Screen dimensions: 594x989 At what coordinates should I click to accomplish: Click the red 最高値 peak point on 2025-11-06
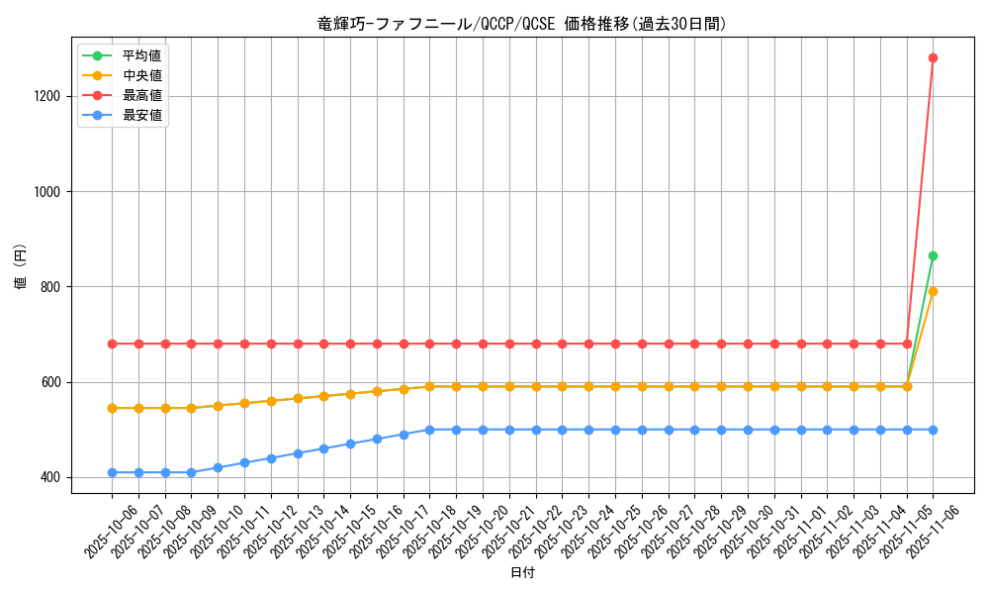point(933,57)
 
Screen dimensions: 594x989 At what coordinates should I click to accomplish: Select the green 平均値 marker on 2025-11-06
point(933,255)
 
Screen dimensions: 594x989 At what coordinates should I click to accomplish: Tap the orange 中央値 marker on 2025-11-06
point(933,291)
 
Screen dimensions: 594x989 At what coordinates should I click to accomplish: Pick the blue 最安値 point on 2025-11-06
point(933,430)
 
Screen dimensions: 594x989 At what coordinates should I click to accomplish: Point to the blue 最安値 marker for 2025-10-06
point(112,472)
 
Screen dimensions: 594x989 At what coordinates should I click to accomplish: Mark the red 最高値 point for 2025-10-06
point(112,344)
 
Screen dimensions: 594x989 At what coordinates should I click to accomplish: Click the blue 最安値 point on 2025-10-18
point(429,430)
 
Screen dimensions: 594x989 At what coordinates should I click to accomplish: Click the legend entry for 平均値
point(141,54)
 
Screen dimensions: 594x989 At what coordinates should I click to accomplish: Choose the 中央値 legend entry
point(141,74)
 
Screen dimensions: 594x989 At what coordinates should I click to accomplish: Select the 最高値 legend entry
point(141,95)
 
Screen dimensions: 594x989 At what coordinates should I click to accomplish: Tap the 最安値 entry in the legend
point(141,115)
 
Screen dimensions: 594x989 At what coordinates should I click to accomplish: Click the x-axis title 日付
point(522,573)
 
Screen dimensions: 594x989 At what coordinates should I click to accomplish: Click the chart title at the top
point(522,24)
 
